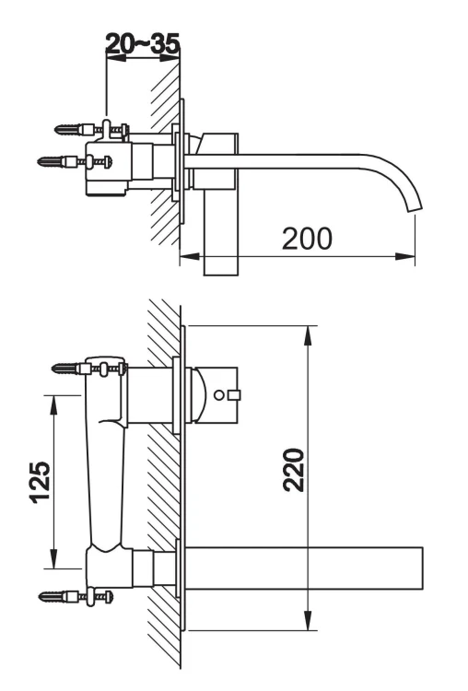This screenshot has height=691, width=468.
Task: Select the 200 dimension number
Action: click(307, 238)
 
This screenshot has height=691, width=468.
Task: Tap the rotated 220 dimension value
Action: click(293, 470)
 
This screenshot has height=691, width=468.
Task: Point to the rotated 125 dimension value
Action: click(40, 481)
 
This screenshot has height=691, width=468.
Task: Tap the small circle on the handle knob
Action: click(218, 395)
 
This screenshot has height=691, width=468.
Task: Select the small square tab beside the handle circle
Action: click(234, 396)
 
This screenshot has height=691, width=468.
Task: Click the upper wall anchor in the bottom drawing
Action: click(64, 369)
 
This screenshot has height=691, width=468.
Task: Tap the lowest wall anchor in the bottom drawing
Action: click(53, 596)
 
